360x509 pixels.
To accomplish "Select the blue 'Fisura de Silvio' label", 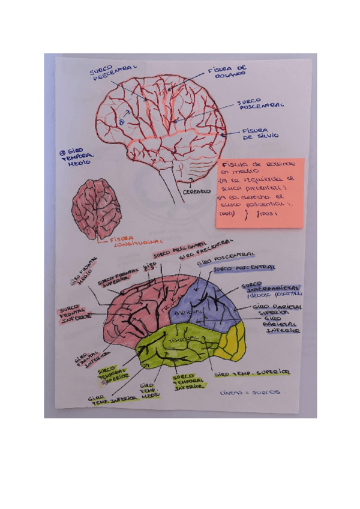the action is (260, 133).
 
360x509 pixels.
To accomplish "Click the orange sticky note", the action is (259, 192).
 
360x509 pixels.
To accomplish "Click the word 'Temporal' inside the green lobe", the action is (181, 340).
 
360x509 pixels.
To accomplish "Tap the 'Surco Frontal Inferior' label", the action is (75, 315).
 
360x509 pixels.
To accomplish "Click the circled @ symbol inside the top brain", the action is (121, 120).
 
